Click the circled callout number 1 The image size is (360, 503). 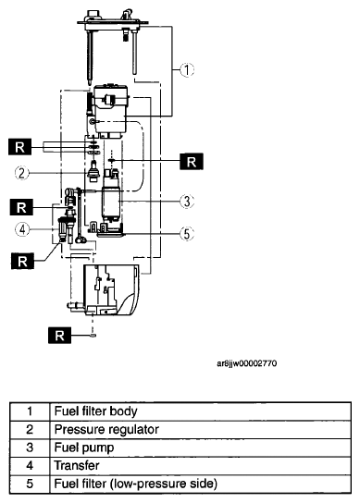coord(187,69)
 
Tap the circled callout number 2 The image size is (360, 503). coord(22,173)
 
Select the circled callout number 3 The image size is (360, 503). coord(187,202)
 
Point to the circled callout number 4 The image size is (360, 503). coord(22,229)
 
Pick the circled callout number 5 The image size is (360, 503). coord(187,234)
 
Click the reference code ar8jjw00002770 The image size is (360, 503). coord(247,363)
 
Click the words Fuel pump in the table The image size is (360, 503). coord(84,448)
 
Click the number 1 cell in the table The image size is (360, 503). coord(30,411)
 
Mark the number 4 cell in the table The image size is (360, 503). coord(30,466)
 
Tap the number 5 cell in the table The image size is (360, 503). coord(30,484)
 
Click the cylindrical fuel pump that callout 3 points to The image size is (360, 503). coord(112,202)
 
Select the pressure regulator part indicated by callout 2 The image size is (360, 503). coord(93,173)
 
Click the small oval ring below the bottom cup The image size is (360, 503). coord(93,336)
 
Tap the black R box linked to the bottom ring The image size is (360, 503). coord(60,336)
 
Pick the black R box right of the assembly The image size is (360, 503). coord(192,162)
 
